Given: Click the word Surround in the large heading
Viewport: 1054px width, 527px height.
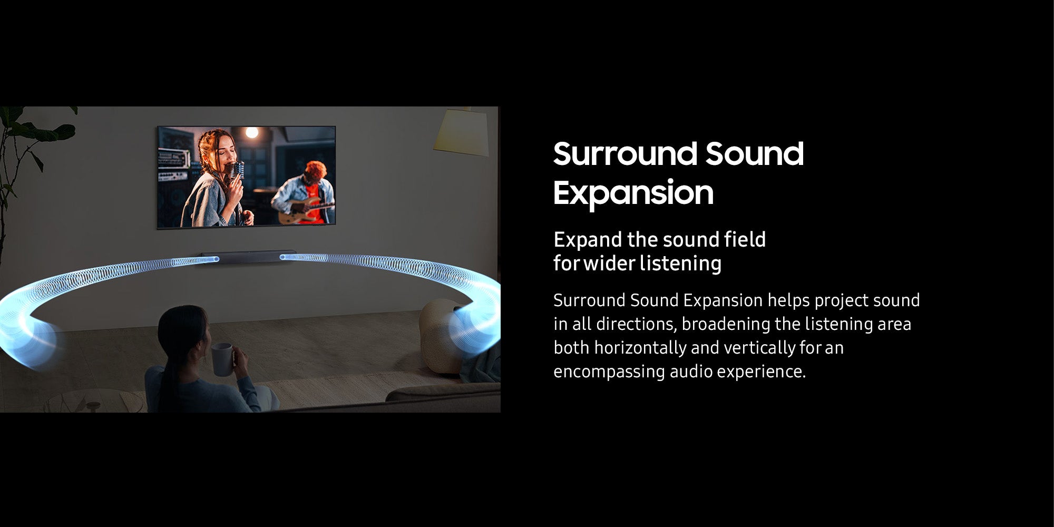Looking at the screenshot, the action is point(625,154).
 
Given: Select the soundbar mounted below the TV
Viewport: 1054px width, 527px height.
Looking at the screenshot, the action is point(248,258).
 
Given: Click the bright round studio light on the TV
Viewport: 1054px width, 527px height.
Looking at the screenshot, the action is point(252,133).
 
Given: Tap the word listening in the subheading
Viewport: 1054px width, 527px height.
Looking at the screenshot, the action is point(680,263).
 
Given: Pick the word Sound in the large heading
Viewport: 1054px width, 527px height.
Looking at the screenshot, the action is point(754,154).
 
